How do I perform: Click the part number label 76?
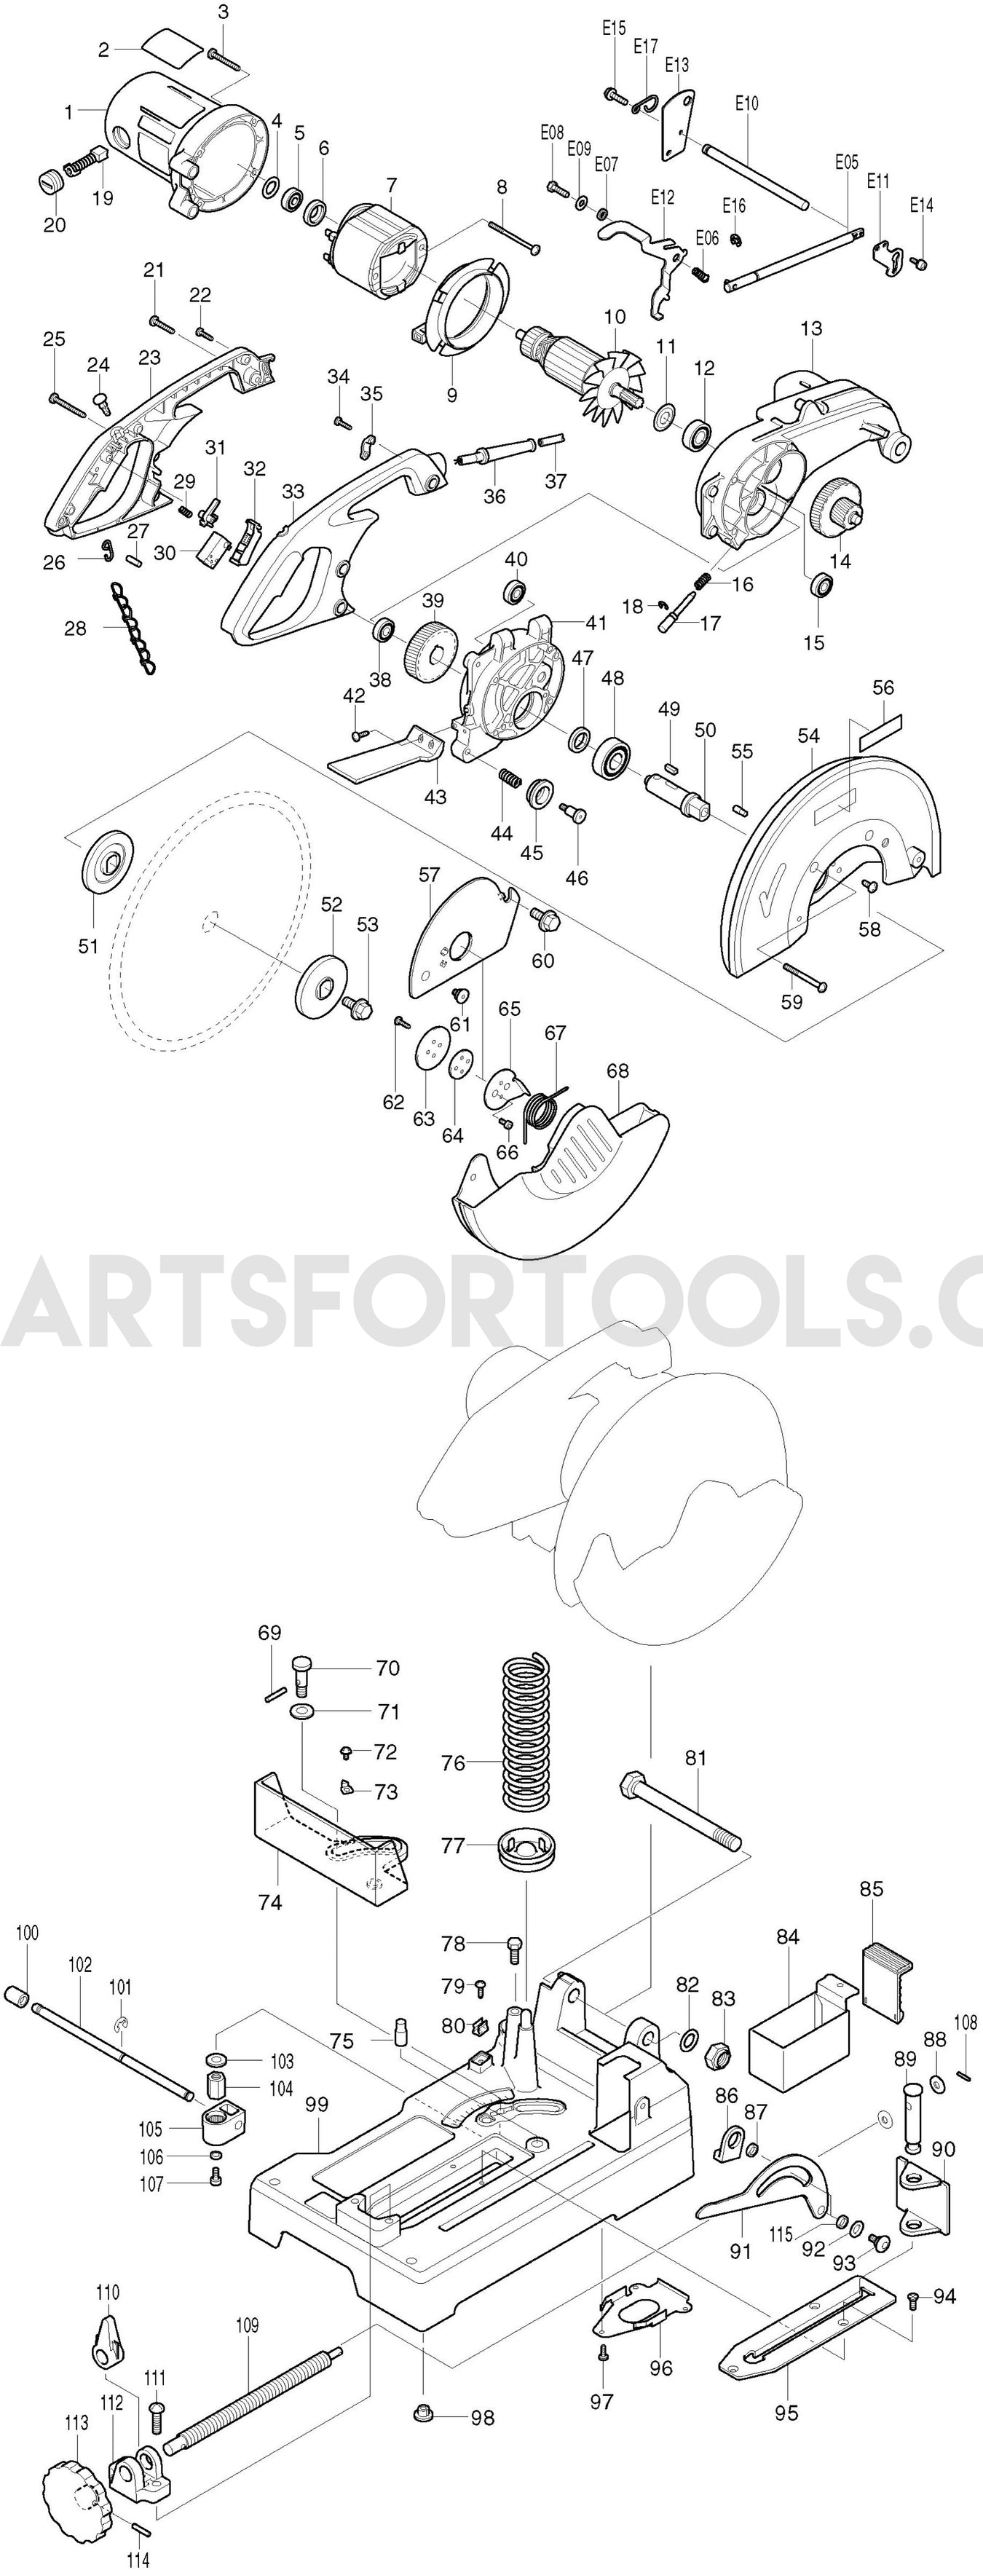pyautogui.click(x=453, y=1763)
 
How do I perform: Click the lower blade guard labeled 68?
pyautogui.click(x=564, y=1162)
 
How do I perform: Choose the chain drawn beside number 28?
pyautogui.click(x=132, y=629)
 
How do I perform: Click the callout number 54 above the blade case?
pyautogui.click(x=808, y=736)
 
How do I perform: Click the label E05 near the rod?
pyautogui.click(x=845, y=162)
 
